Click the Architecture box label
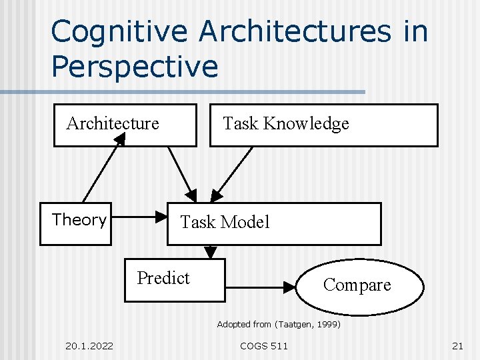113,123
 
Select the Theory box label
79,220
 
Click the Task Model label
225,222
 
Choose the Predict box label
163,278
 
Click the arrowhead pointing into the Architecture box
119,139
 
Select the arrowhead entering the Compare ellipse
289,287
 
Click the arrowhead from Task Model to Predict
211,253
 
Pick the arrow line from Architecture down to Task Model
180,171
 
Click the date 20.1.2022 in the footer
89,345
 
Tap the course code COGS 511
264,345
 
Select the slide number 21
457,345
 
